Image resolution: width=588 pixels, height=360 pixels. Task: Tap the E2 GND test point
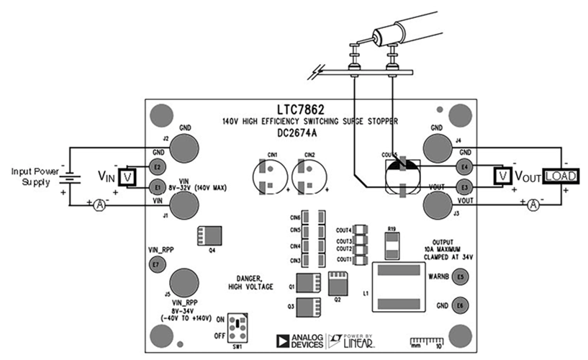pyautogui.click(x=156, y=166)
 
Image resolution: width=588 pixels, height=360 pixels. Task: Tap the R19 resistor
pyautogui.click(x=392, y=247)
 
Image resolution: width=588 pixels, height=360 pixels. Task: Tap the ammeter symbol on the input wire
pyautogui.click(x=100, y=205)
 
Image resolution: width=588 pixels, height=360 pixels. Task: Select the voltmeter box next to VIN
pyautogui.click(x=127, y=176)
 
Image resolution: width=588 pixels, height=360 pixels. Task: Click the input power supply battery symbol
pyautogui.click(x=70, y=175)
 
